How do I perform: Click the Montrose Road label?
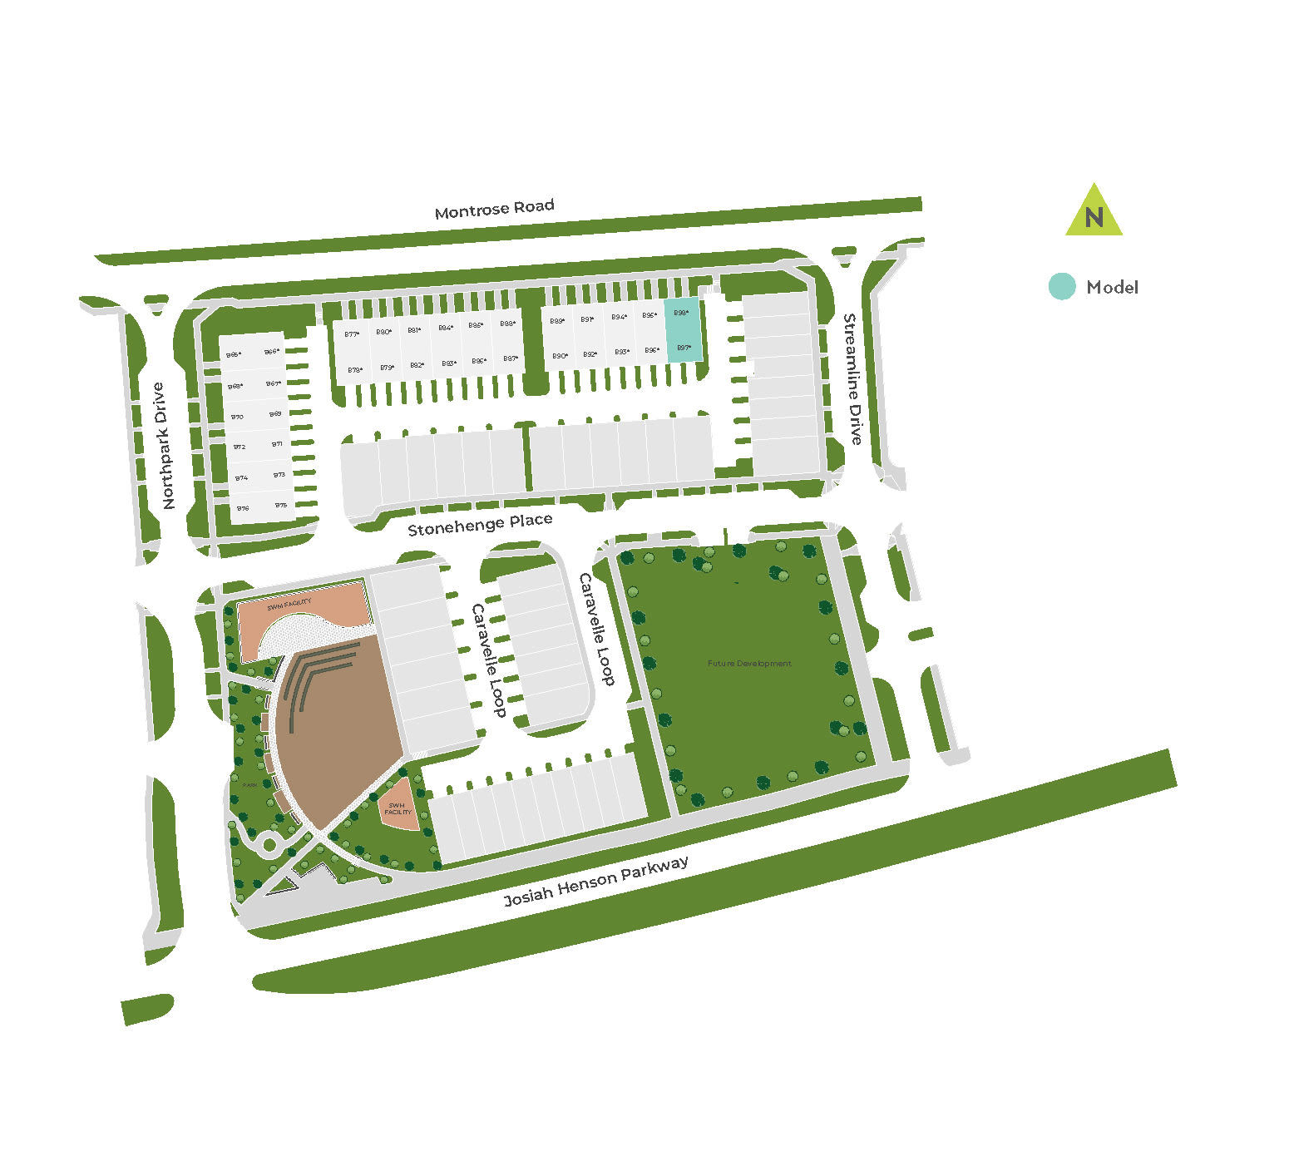coord(494,208)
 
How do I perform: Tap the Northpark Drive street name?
coord(164,446)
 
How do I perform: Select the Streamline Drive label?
coord(853,378)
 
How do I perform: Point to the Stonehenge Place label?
coord(480,524)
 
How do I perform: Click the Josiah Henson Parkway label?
coord(596,882)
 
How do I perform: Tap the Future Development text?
coord(749,664)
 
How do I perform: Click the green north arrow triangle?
coord(1094,212)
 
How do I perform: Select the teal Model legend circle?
coord(1061,287)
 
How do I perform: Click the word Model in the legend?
coord(1112,288)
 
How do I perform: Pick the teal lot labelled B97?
coord(684,348)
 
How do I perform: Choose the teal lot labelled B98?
coord(681,313)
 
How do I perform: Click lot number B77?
coord(352,334)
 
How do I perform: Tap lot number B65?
coord(235,355)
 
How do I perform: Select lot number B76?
coord(243,508)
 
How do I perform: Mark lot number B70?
coord(238,417)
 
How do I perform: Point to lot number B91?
coord(587,319)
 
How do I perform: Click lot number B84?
coord(446,328)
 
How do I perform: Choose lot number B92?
coord(590,354)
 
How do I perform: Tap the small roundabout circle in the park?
coord(269,847)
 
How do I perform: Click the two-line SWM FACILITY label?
coord(398,808)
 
